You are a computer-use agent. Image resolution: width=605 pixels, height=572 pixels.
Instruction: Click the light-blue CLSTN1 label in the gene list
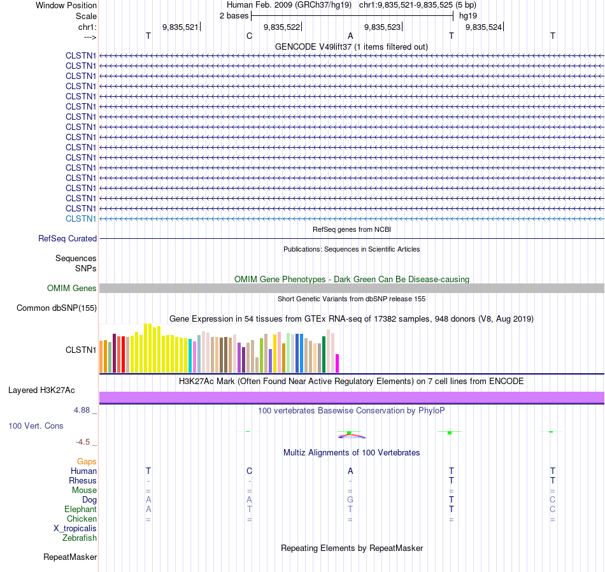[81, 218]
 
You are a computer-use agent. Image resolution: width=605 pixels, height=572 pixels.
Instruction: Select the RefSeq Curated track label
[68, 238]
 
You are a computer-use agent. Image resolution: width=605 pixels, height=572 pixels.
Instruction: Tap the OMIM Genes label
[72, 289]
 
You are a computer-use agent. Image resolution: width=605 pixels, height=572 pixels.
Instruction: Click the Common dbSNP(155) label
[57, 308]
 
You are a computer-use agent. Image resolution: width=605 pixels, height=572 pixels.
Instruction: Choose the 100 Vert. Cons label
[36, 425]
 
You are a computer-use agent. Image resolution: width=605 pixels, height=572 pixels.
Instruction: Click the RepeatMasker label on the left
[70, 557]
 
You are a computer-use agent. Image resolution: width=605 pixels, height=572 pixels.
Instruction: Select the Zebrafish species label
[80, 538]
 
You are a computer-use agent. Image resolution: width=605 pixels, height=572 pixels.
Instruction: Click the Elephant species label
[80, 510]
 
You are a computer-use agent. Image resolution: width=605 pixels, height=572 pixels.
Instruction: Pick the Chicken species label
[82, 519]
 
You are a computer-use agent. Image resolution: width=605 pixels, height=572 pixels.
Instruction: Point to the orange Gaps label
[87, 461]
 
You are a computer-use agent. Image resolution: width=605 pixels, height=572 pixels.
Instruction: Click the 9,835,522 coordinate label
[281, 27]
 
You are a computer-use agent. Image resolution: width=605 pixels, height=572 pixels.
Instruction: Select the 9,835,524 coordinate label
[484, 27]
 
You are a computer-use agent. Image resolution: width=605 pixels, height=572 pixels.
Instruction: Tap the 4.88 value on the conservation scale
[82, 410]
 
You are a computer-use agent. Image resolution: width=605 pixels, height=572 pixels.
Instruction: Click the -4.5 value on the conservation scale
[83, 441]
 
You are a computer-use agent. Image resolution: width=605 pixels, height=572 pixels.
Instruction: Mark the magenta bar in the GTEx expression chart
[338, 363]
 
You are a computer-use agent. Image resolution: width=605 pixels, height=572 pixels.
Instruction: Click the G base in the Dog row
[350, 500]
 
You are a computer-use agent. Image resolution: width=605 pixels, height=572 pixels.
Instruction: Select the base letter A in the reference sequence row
[350, 36]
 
